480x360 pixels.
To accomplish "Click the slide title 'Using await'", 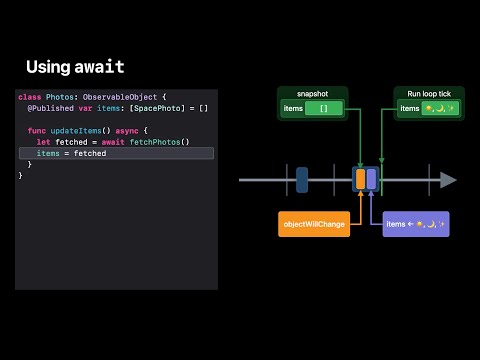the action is [75, 67].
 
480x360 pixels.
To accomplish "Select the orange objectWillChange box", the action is [314, 224].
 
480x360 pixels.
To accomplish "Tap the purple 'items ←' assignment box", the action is [415, 224].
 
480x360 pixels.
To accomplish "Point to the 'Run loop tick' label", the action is [429, 91].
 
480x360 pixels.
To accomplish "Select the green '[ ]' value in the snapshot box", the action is [323, 108].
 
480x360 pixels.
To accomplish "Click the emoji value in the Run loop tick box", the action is [440, 108].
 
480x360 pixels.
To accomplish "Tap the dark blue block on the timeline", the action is [302, 180].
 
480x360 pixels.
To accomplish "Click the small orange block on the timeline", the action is [360, 179].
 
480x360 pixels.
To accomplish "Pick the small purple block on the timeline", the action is [371, 179].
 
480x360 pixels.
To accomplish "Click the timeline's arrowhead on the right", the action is [449, 180].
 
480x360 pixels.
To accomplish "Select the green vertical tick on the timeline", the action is [381, 180].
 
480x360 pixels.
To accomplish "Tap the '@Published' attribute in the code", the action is [47, 107].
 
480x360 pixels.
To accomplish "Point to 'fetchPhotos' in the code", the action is [159, 142].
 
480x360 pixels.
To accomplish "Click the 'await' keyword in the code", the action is [113, 142].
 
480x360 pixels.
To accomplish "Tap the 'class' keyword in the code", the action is [29, 96].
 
